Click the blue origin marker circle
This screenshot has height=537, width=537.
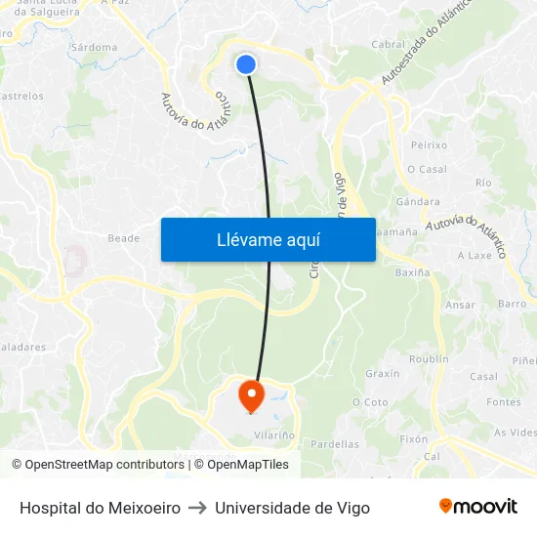[246, 63]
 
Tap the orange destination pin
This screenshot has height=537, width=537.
[252, 394]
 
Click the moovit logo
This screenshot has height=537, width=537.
[478, 507]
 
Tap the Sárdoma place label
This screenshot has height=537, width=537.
[95, 47]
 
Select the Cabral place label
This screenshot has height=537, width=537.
[389, 45]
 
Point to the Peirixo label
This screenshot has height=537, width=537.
[429, 145]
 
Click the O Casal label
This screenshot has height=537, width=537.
[427, 169]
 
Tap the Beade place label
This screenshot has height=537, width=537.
[124, 238]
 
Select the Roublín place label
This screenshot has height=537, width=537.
[429, 359]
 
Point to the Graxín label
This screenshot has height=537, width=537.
[382, 374]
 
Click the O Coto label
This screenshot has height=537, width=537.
[370, 402]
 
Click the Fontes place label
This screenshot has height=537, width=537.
[504, 402]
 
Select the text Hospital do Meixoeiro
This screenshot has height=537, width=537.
[100, 508]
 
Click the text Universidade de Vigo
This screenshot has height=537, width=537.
[292, 508]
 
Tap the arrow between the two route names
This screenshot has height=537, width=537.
[197, 508]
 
